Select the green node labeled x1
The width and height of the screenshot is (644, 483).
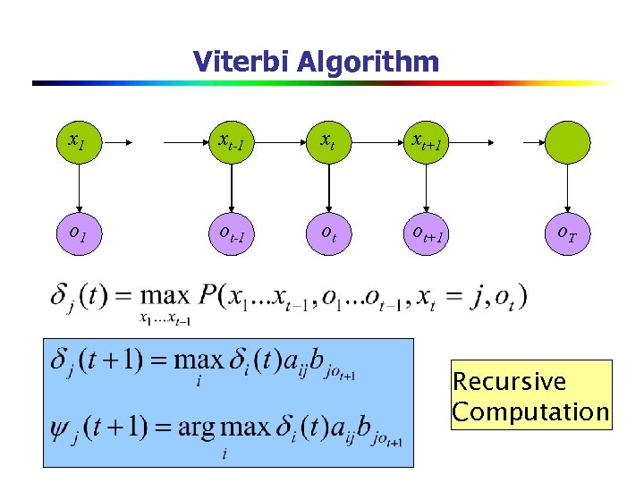pos(79,140)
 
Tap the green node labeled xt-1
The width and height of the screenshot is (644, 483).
pos(232,140)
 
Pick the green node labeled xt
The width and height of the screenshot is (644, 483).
pos(328,140)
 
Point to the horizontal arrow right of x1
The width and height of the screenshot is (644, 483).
pos(120,141)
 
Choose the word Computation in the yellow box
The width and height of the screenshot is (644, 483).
pos(530,412)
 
